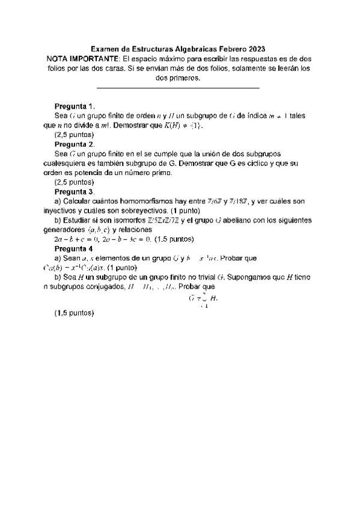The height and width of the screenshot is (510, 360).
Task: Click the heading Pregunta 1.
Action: [74, 106]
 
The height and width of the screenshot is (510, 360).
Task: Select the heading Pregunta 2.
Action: [74, 144]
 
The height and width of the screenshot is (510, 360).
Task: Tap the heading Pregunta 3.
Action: [74, 191]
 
